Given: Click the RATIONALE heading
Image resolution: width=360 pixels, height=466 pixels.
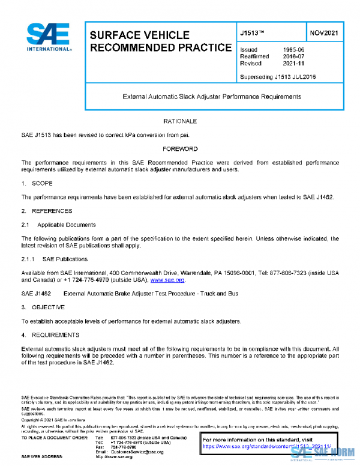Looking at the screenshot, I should pyautogui.click(x=180, y=121).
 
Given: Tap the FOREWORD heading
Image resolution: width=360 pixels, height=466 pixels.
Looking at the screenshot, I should pyautogui.click(x=180, y=148).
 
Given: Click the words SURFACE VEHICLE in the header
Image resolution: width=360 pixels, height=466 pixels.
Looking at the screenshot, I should pyautogui.click(x=139, y=35).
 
